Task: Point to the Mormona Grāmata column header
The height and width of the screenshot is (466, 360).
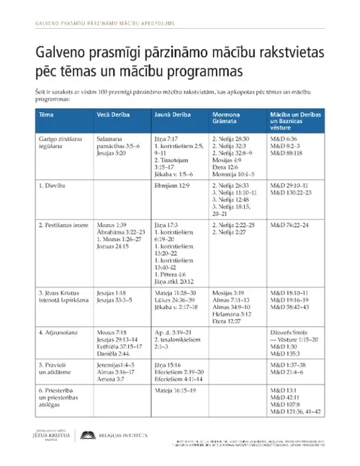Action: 231,119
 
